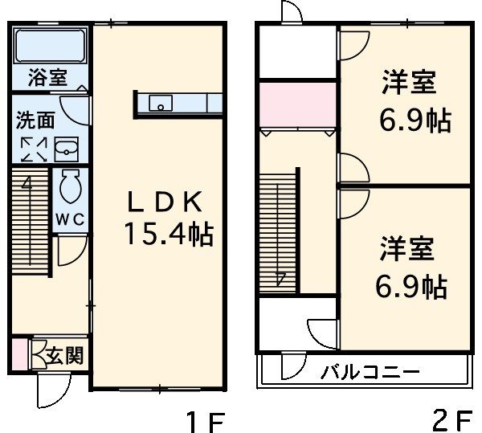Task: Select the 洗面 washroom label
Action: (x=36, y=121)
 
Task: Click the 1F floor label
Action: (x=204, y=420)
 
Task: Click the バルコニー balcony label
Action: (x=370, y=373)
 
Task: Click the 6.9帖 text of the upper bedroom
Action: (x=414, y=121)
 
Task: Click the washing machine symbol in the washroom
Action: (x=34, y=149)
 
